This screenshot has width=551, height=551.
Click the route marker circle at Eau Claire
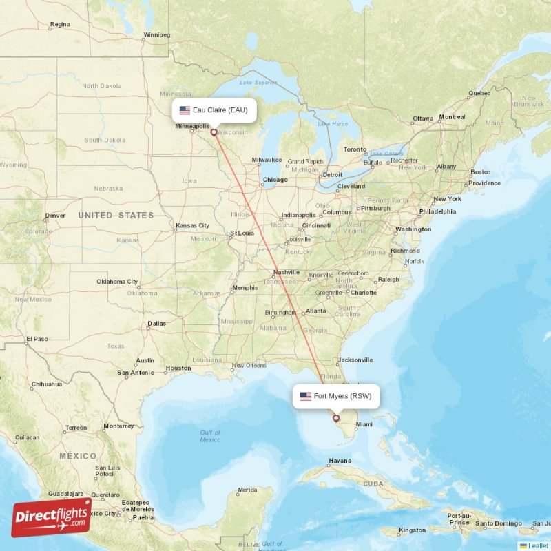(x=214, y=133)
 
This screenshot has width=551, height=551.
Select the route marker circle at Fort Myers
(x=336, y=417)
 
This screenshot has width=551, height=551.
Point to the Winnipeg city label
(x=156, y=34)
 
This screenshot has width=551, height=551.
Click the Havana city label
(x=340, y=461)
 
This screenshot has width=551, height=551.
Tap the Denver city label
(x=55, y=216)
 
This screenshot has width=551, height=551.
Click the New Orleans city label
(x=249, y=366)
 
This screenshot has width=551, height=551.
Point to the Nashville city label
(x=286, y=272)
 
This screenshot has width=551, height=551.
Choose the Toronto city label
(x=355, y=149)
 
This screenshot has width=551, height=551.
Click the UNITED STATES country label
(x=116, y=216)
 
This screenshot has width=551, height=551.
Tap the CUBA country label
(x=373, y=484)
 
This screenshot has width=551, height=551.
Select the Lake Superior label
(x=253, y=83)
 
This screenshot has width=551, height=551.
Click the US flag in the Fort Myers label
(x=305, y=396)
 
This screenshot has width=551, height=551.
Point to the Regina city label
(x=60, y=25)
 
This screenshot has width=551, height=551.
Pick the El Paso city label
(x=37, y=339)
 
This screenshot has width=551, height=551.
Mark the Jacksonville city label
(x=355, y=360)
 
